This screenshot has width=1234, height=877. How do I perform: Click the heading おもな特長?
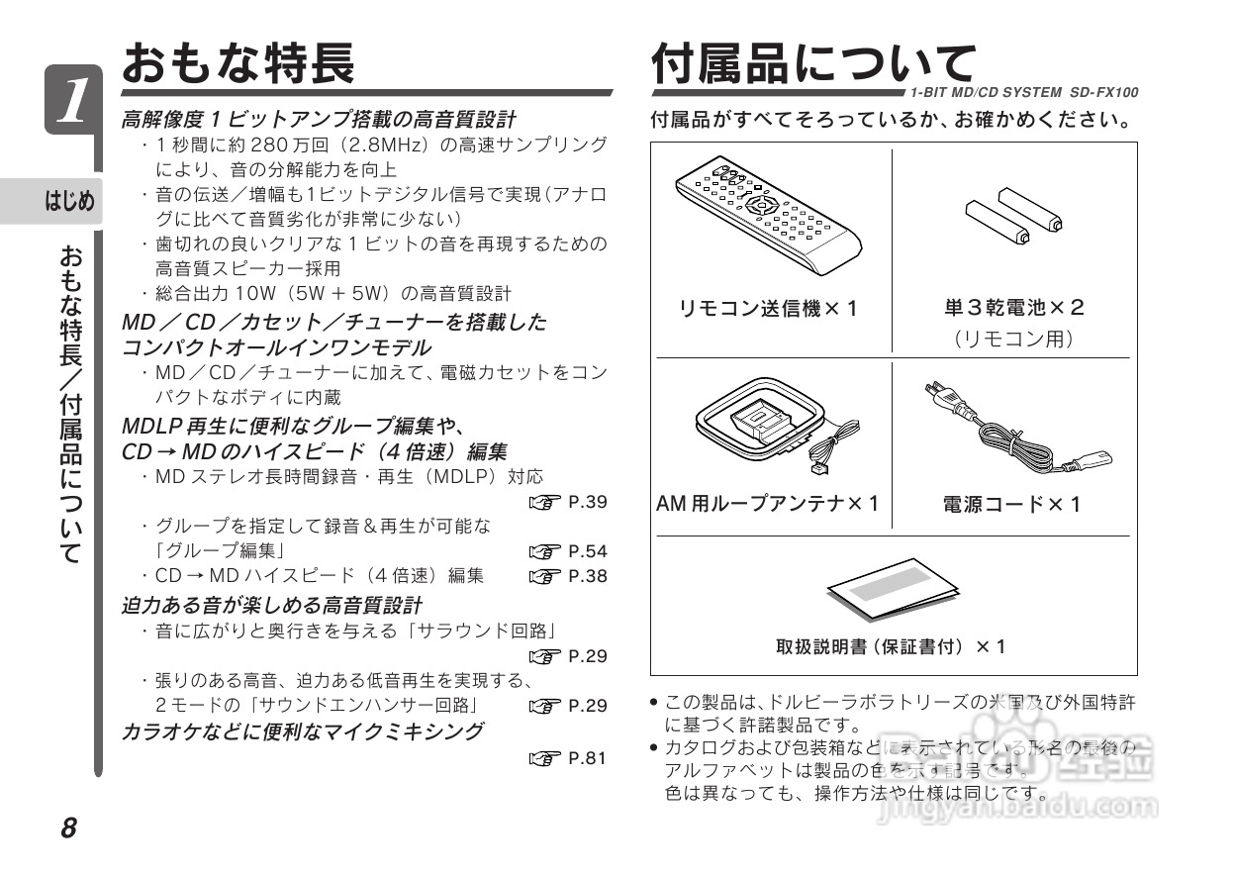237,63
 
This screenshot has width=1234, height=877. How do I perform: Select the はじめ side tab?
69,202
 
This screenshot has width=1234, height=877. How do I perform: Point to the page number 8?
68,828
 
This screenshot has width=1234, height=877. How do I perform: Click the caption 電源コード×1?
1012,505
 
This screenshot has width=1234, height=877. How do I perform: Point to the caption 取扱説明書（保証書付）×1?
891,646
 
